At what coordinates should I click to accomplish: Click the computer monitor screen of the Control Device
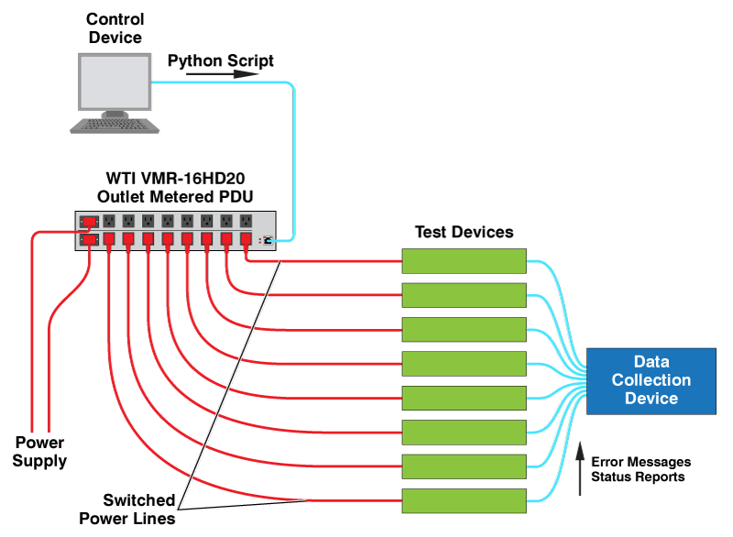click(115, 82)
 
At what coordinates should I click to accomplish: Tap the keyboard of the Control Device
click(115, 126)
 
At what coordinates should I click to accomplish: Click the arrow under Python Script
click(222, 74)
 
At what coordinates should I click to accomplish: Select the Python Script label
click(221, 60)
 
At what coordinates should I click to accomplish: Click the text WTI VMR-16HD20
click(175, 178)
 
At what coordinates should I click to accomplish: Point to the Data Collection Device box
click(651, 381)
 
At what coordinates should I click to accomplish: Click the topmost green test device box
click(465, 261)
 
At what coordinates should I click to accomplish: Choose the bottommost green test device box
click(465, 501)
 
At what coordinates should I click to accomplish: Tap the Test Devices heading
click(465, 232)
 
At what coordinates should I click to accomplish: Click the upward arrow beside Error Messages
click(580, 468)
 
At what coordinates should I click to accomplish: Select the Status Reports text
click(638, 477)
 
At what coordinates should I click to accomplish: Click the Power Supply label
click(39, 452)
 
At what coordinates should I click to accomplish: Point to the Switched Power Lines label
click(127, 509)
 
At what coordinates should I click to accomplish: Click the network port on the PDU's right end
click(268, 240)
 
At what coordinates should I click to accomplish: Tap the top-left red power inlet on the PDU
click(89, 221)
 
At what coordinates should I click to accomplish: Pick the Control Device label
click(115, 28)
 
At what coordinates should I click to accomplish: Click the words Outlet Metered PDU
click(175, 197)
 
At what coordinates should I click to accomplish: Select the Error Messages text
click(640, 462)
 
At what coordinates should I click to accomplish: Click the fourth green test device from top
click(465, 364)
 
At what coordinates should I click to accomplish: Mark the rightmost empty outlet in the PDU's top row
click(246, 221)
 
